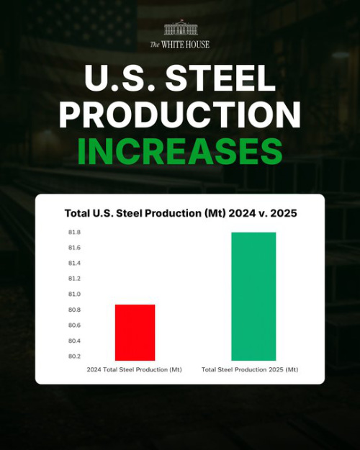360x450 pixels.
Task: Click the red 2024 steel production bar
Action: click(135, 332)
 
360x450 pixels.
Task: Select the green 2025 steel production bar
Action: click(253, 296)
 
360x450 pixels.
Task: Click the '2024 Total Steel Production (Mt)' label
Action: click(135, 369)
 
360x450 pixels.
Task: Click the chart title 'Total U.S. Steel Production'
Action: click(179, 213)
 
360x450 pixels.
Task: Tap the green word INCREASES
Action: click(179, 151)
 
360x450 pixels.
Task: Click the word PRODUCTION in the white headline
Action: click(179, 115)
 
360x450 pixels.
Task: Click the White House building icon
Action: click(179, 28)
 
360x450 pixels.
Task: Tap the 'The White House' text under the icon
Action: click(179, 45)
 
